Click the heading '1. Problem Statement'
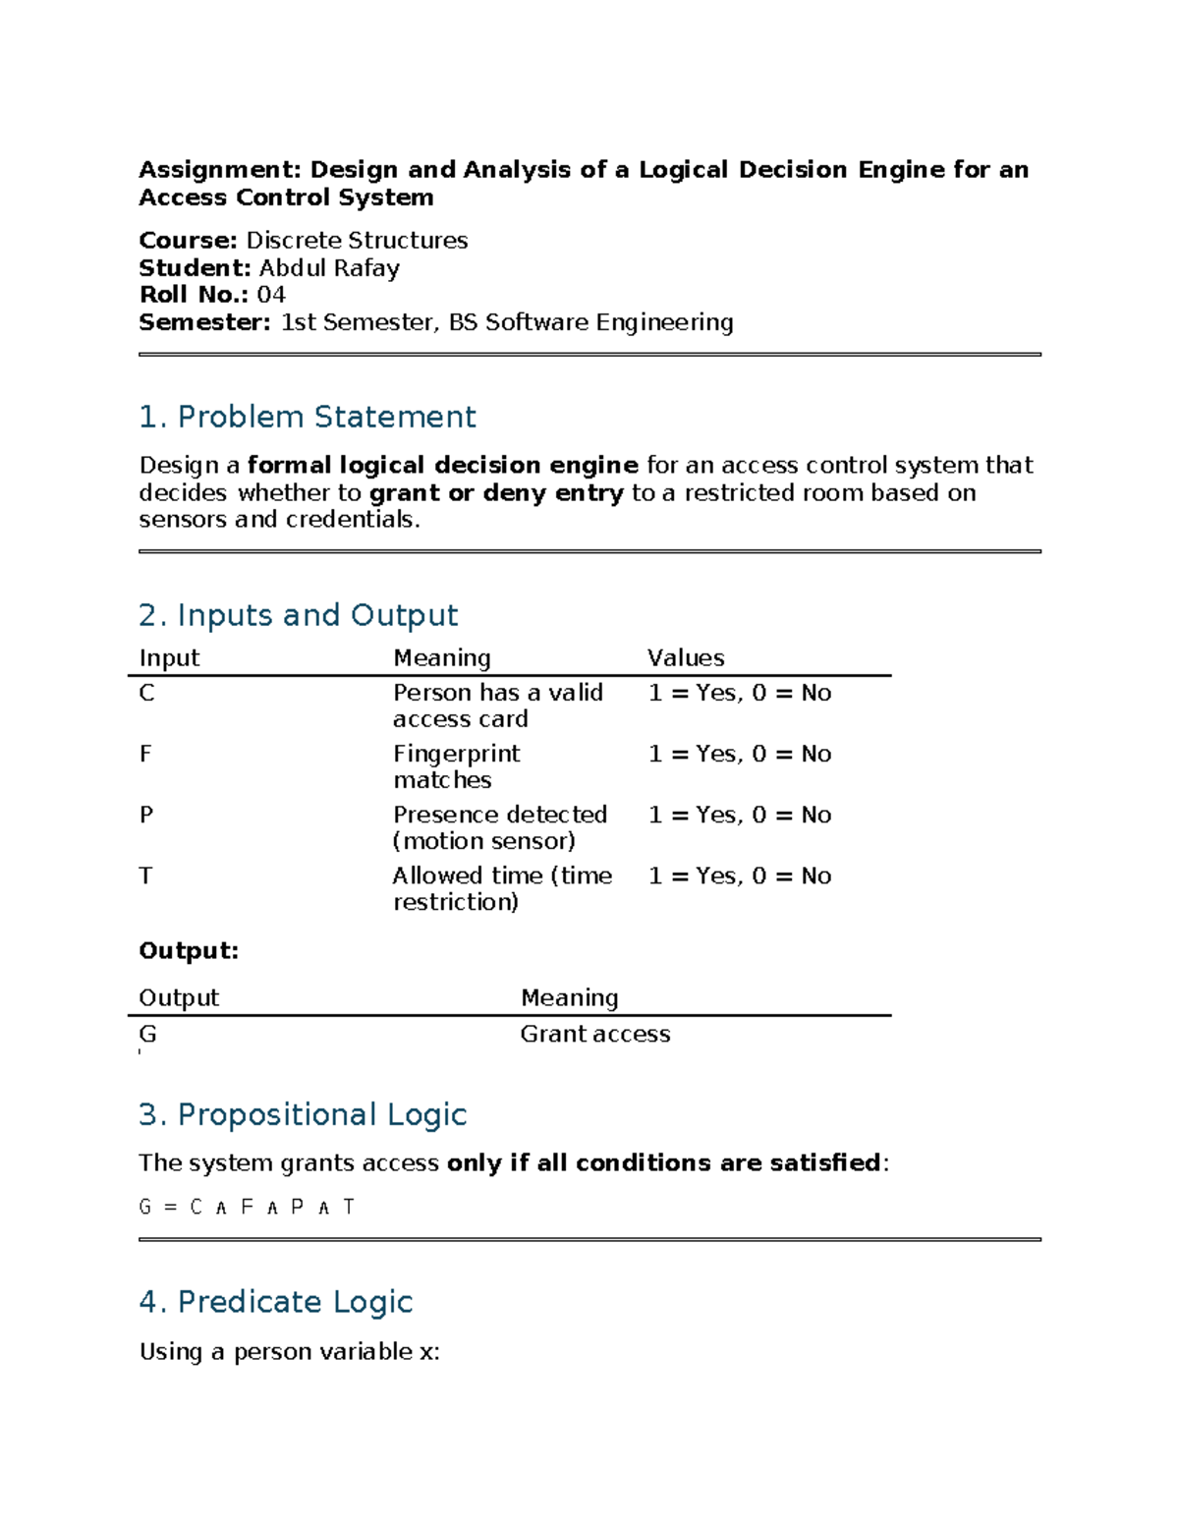pos(307,417)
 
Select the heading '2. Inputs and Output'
pos(298,615)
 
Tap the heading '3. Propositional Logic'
pos(303,1114)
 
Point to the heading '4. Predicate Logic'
pos(275,1302)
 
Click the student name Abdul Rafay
pos(329,268)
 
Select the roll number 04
pos(271,295)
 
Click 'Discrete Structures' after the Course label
pos(357,241)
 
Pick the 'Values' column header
pos(686,658)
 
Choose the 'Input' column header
pos(169,658)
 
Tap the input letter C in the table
pos(146,694)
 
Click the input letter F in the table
pos(145,755)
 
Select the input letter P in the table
pos(146,816)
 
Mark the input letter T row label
pos(145,876)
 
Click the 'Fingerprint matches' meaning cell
pos(456,766)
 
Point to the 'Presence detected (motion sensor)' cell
pos(499,827)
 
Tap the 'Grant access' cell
pos(595,1034)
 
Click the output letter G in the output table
pos(147,1034)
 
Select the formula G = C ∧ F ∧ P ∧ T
pos(247,1207)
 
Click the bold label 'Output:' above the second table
pos(189,951)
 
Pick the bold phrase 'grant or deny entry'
pos(496,493)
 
